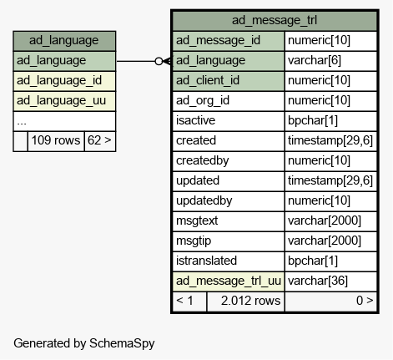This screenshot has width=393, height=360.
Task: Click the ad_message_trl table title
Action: pyautogui.click(x=275, y=20)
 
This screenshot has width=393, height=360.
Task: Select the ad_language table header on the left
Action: pyautogui.click(x=64, y=41)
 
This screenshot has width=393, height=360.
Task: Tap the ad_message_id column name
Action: pyautogui.click(x=218, y=40)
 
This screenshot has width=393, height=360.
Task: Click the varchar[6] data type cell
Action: pyautogui.click(x=315, y=60)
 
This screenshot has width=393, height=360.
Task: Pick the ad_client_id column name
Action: pyautogui.click(x=208, y=80)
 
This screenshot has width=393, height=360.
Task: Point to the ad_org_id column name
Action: pyautogui.click(x=203, y=100)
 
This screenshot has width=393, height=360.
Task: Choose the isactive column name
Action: pyautogui.click(x=195, y=120)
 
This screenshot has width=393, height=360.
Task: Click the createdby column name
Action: pyautogui.click(x=203, y=160)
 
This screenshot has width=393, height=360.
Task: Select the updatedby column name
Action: pyautogui.click(x=204, y=200)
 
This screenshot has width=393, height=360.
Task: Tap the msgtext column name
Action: pyautogui.click(x=197, y=221)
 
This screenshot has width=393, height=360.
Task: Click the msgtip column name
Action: pyautogui.click(x=194, y=241)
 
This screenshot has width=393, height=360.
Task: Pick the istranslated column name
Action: pyautogui.click(x=206, y=261)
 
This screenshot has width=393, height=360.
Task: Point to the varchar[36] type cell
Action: pyautogui.click(x=318, y=281)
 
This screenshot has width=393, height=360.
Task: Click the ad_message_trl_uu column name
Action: pyautogui.click(x=229, y=281)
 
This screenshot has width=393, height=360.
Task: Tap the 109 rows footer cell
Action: pyautogui.click(x=56, y=140)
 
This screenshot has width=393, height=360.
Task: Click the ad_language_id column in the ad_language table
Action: pyautogui.click(x=59, y=81)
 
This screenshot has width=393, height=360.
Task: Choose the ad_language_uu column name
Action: pyautogui.click(x=61, y=101)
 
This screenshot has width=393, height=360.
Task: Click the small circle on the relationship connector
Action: pyautogui.click(x=159, y=61)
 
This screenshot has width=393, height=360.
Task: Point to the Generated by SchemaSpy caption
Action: pyautogui.click(x=84, y=343)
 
